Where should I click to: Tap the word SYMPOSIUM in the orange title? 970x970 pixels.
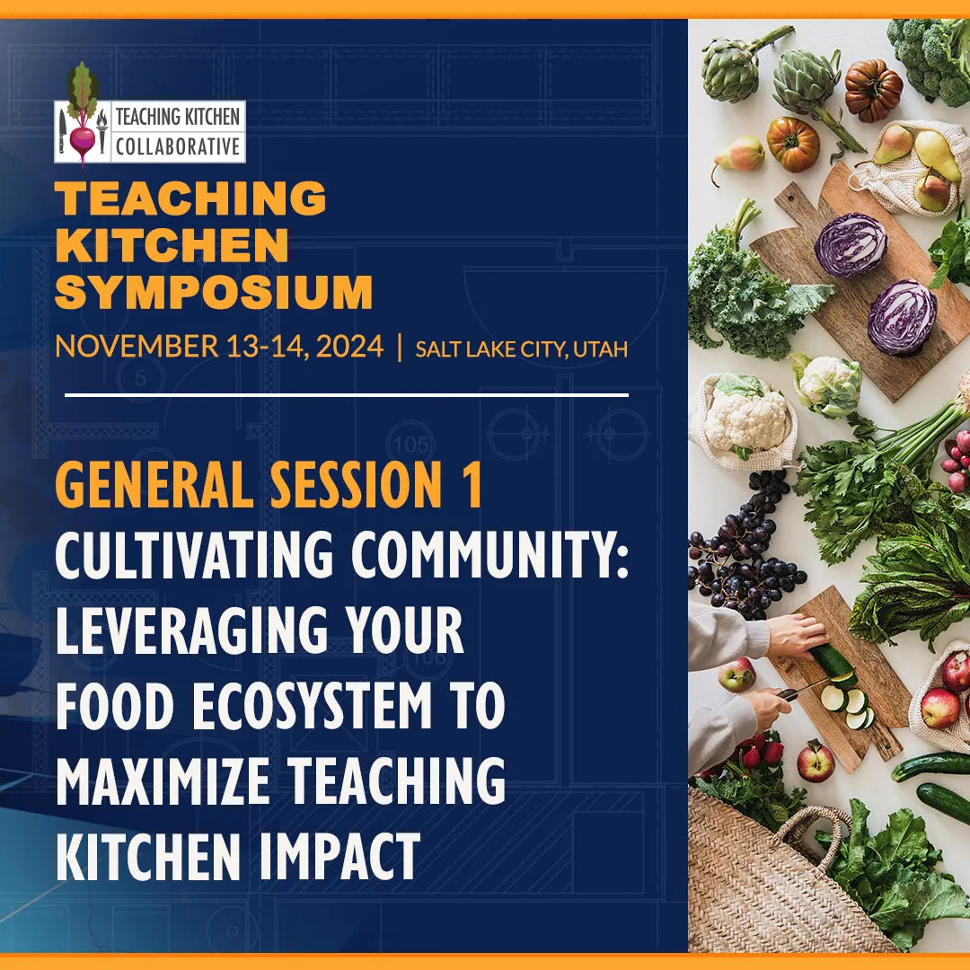click(x=214, y=293)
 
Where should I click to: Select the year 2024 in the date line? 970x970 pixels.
click(x=345, y=347)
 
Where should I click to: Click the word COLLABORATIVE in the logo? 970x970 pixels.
click(x=178, y=145)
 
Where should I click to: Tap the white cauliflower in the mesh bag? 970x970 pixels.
click(x=745, y=418)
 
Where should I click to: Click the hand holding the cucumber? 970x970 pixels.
click(x=796, y=634)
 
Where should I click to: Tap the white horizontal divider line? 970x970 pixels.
click(x=347, y=394)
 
